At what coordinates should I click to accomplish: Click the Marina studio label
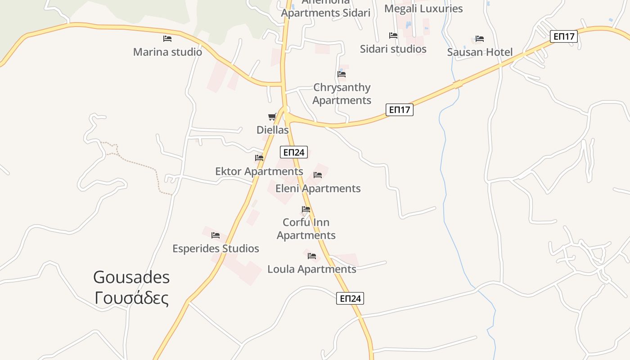[167, 52]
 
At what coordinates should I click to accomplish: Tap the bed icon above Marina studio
[167, 39]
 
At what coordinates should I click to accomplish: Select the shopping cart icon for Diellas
[272, 117]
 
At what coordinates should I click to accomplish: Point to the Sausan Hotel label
[480, 52]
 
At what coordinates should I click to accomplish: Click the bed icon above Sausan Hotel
[480, 39]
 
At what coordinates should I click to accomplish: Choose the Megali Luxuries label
[423, 9]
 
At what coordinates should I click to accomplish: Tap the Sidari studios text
[393, 49]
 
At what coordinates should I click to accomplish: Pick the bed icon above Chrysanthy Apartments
[342, 74]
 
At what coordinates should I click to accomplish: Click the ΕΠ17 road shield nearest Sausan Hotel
[563, 36]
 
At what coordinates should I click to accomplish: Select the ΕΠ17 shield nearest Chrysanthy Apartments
[399, 109]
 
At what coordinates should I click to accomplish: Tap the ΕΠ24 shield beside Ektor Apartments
[294, 152]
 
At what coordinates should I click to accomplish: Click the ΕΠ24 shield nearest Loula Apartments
[350, 298]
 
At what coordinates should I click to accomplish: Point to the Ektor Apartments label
[259, 171]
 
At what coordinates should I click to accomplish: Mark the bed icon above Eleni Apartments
[318, 175]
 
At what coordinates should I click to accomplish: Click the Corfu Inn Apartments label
[306, 229]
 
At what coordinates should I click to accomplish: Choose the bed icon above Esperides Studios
[216, 235]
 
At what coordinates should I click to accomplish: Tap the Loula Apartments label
[311, 269]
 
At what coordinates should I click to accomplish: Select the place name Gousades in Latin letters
[131, 277]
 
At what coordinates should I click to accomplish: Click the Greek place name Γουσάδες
[131, 298]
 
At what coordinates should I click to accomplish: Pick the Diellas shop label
[272, 130]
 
